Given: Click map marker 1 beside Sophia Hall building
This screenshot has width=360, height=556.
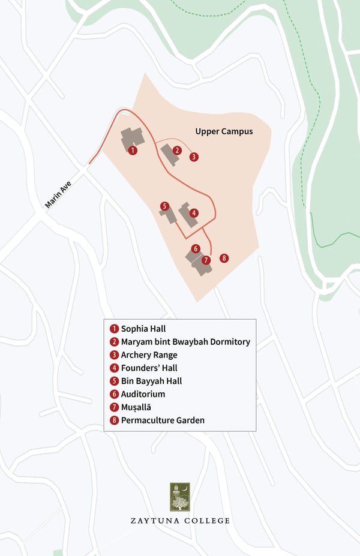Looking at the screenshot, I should [133, 151].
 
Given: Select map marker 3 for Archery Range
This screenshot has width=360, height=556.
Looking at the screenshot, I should [193, 157].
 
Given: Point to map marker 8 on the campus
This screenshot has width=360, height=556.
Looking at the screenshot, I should [224, 258].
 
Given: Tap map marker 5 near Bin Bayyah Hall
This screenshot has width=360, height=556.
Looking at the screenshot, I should [164, 206].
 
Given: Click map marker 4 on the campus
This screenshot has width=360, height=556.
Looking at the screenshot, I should [193, 213].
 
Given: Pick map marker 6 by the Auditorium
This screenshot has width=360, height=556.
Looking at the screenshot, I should [195, 248].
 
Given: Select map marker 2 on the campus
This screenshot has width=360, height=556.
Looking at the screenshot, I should [177, 151].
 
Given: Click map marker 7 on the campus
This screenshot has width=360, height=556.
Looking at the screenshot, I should [206, 260].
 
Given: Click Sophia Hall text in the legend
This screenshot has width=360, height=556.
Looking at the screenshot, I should [143, 329].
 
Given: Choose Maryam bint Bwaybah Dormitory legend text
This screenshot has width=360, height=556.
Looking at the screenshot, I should [185, 342].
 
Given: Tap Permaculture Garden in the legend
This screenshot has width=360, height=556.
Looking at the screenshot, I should [162, 420].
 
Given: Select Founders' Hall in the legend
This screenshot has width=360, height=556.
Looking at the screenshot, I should [149, 368].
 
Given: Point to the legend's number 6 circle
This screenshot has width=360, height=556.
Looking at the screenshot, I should [114, 395].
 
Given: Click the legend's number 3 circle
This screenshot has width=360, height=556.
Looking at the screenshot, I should [114, 355].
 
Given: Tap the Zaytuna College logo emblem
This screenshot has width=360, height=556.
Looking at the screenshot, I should [179, 497].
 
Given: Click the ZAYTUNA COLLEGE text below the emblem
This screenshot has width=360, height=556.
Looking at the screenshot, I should [180, 521].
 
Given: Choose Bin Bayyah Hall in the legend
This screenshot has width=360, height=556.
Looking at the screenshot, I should [151, 381].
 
